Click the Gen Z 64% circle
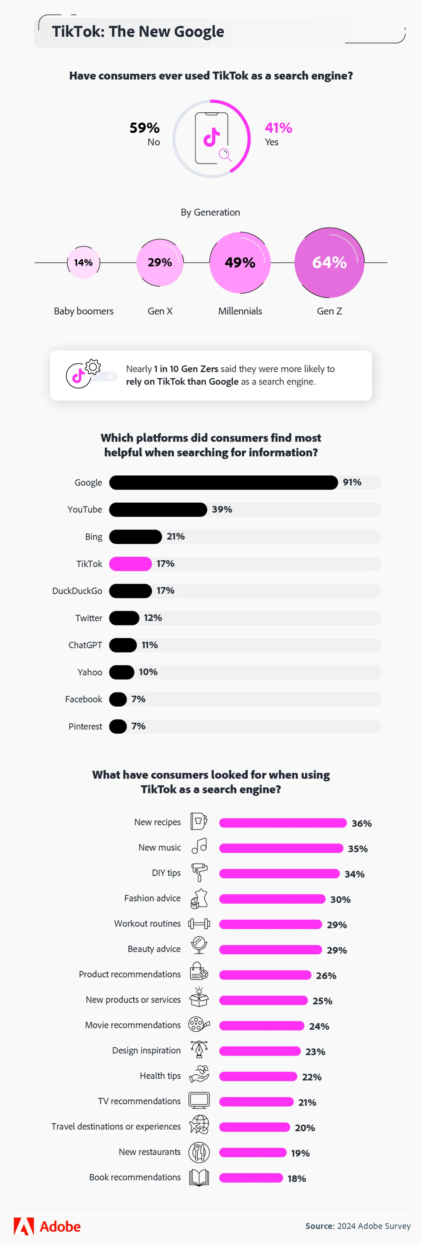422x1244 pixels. pyautogui.click(x=329, y=262)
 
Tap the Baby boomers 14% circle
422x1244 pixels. pyautogui.click(x=84, y=262)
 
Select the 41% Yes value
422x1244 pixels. pyautogui.click(x=278, y=128)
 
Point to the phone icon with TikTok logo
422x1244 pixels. pyautogui.click(x=212, y=138)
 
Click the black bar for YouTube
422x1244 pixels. pyautogui.click(x=158, y=510)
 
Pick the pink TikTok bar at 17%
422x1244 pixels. pyautogui.click(x=130, y=564)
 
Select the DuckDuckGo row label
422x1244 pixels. pyautogui.click(x=77, y=591)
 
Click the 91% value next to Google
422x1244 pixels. pyautogui.click(x=352, y=482)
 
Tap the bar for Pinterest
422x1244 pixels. pyautogui.click(x=118, y=726)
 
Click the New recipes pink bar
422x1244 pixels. pyautogui.click(x=283, y=823)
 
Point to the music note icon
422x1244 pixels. pyautogui.click(x=199, y=847)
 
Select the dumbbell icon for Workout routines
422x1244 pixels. pyautogui.click(x=199, y=923)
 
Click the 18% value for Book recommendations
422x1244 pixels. pyautogui.click(x=297, y=1178)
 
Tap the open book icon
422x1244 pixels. pyautogui.click(x=199, y=1177)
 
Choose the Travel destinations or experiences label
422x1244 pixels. pyautogui.click(x=116, y=1126)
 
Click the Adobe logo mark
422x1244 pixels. pyautogui.click(x=23, y=1226)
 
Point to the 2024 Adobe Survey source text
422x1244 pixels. pyautogui.click(x=374, y=1226)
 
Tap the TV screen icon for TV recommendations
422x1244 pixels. pyautogui.click(x=199, y=1101)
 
